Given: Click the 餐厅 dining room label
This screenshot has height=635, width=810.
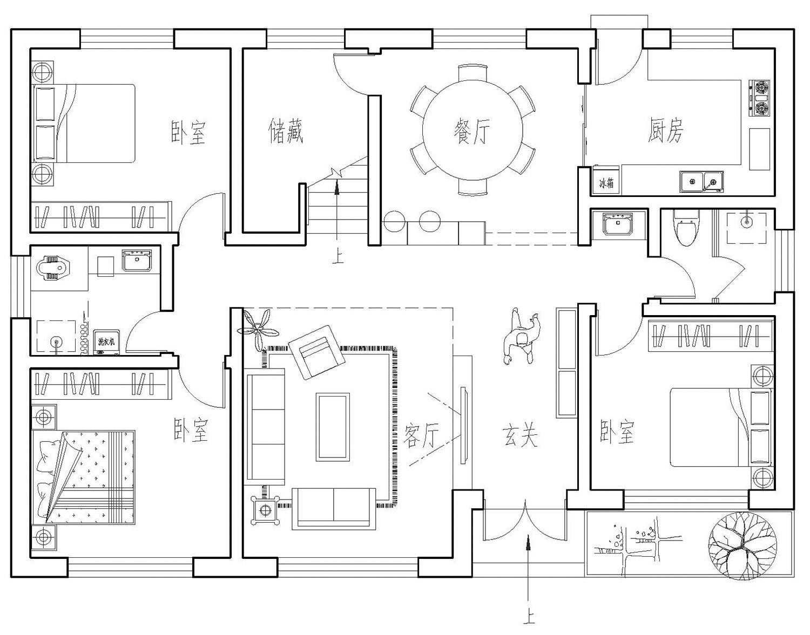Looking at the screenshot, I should point(473,131).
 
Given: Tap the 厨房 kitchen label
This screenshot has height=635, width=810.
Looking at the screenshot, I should point(666,131).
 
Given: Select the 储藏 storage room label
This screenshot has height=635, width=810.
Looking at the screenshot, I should point(286,131).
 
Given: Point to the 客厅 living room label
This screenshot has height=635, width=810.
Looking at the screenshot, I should point(421,434).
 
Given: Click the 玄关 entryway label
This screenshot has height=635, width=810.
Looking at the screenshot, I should point(521,435).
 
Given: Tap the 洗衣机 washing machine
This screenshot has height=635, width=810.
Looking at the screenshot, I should point(106,342).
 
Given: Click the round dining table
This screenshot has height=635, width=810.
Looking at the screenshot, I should point(473,130).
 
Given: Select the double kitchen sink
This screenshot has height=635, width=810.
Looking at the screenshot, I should point(701,182).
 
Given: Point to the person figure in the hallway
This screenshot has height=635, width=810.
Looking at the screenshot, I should point(521,338).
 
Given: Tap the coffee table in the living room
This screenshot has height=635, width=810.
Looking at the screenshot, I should point(332,427).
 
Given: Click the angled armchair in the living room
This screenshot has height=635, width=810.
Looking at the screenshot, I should point(316,351).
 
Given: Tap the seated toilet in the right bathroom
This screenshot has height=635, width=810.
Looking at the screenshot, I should point(685,229).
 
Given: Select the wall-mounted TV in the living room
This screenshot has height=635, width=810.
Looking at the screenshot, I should point(463,424).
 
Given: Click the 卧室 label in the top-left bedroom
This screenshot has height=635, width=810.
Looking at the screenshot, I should point(189,132).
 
